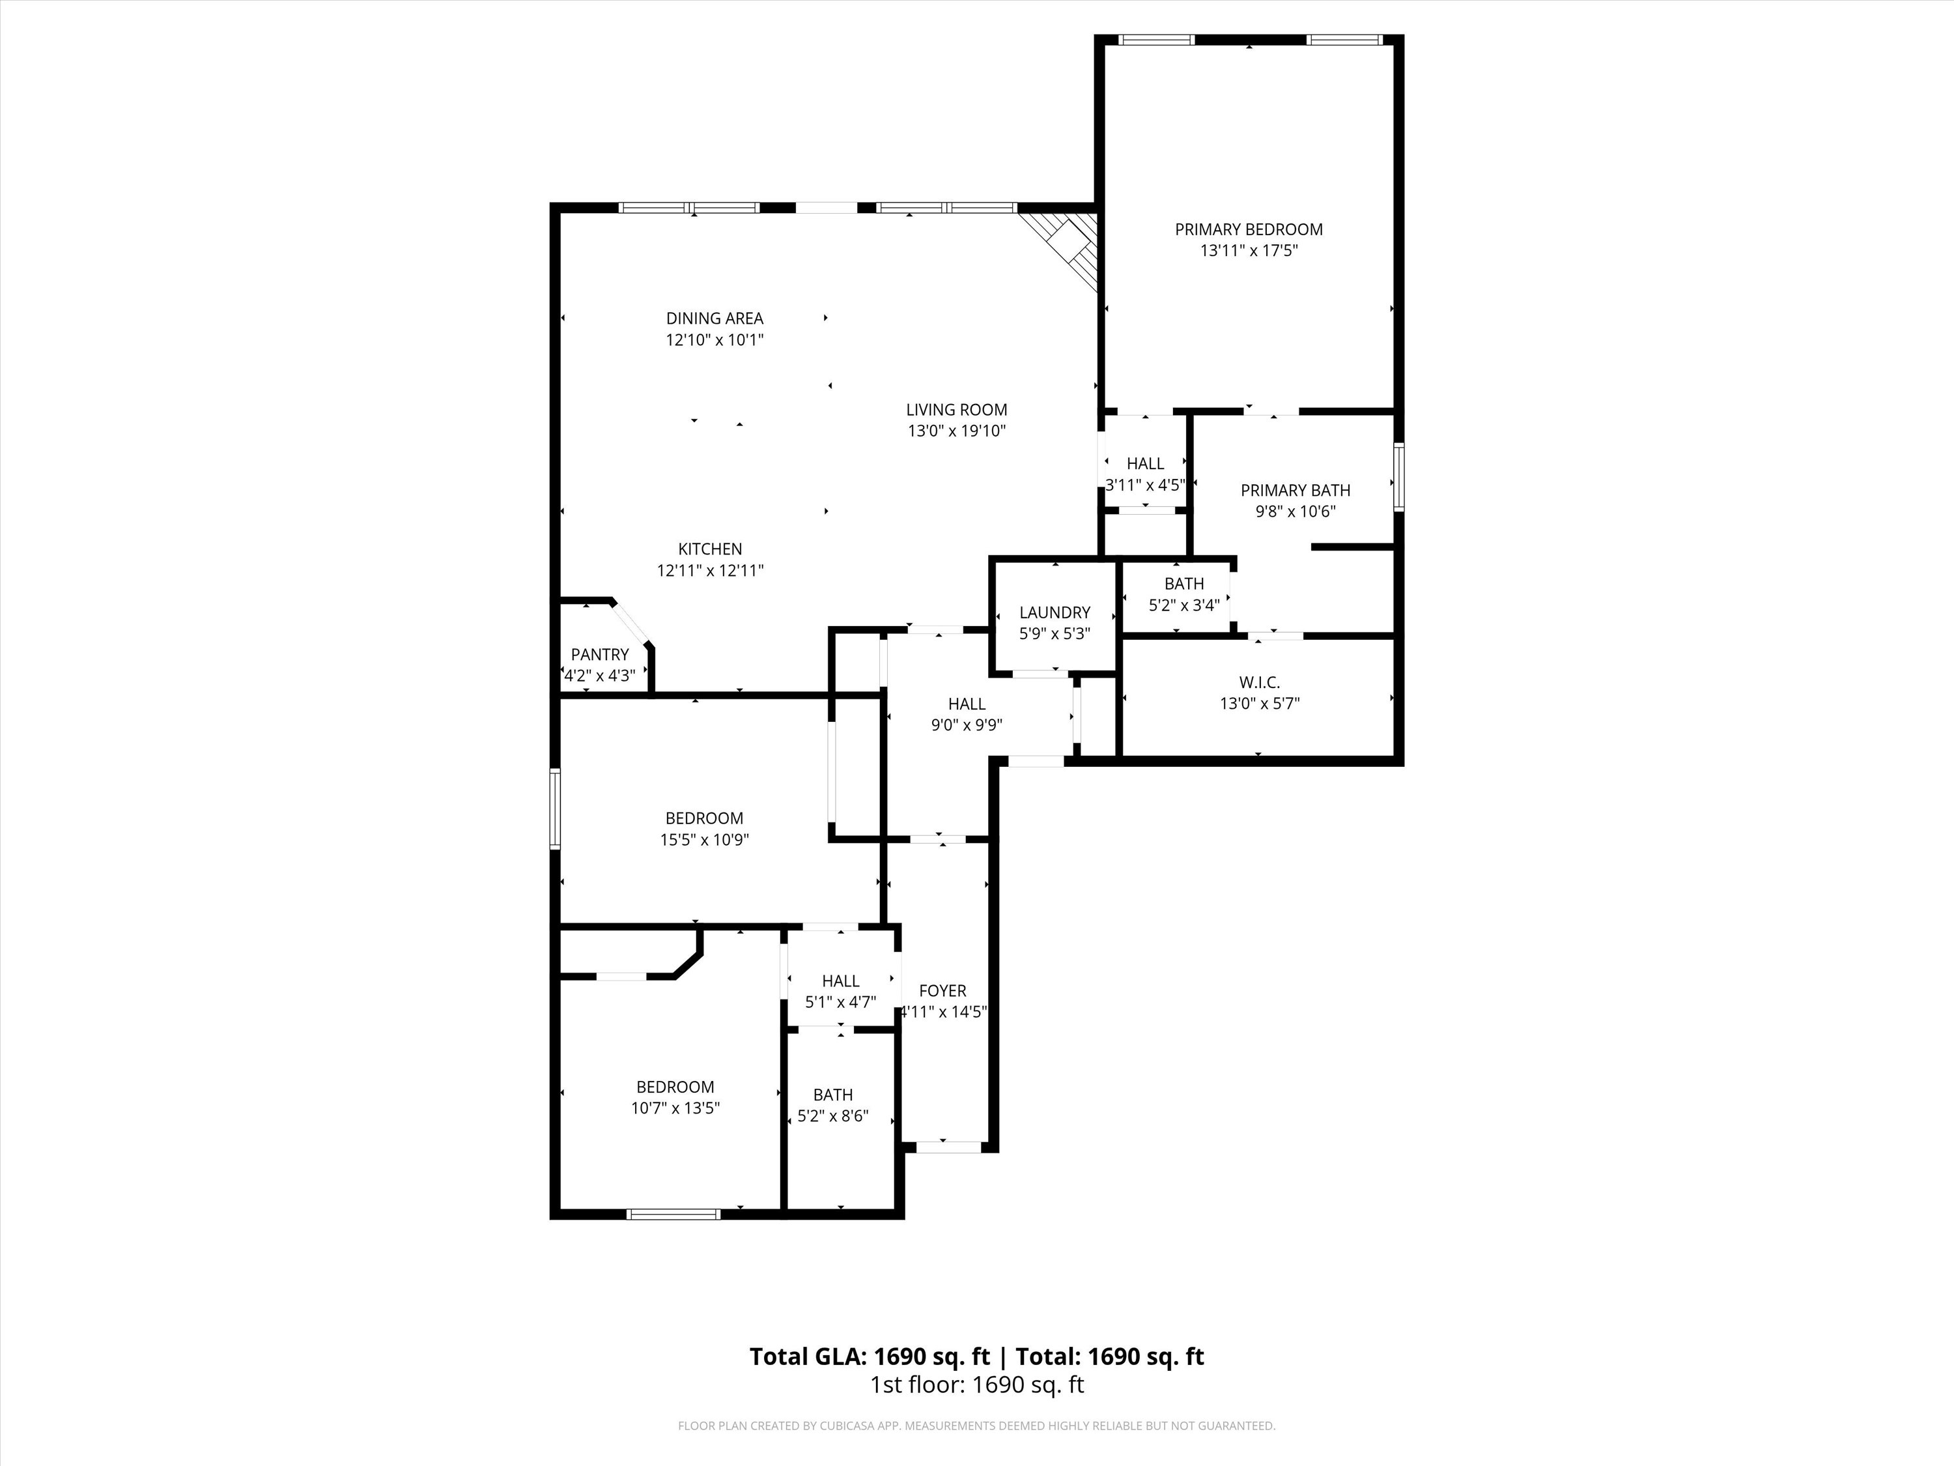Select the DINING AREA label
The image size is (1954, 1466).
[x=714, y=318]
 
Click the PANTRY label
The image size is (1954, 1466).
[x=599, y=655]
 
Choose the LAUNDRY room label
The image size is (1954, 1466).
[x=1054, y=612]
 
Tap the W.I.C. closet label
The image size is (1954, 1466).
[x=1259, y=682]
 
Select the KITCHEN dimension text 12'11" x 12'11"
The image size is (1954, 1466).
[x=709, y=571]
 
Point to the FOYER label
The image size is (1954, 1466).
[x=942, y=990]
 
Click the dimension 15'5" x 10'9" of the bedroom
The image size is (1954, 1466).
[x=704, y=839]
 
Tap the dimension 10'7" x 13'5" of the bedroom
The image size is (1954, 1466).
[x=675, y=1108]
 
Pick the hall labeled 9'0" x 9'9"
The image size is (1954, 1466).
[x=967, y=714]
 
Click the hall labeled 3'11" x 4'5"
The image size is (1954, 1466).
[x=1145, y=474]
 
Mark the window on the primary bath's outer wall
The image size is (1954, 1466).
[x=1398, y=477]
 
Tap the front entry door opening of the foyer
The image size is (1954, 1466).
[x=948, y=1147]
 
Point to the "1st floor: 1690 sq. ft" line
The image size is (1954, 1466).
[x=976, y=1385]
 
